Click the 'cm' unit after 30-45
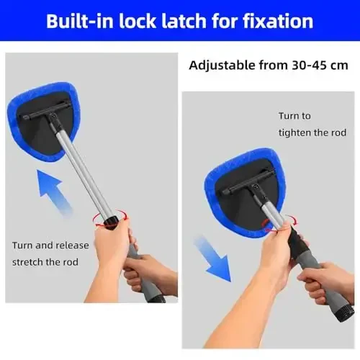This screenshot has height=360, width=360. [x=340, y=65]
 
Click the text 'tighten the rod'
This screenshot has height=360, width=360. [x=312, y=133]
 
